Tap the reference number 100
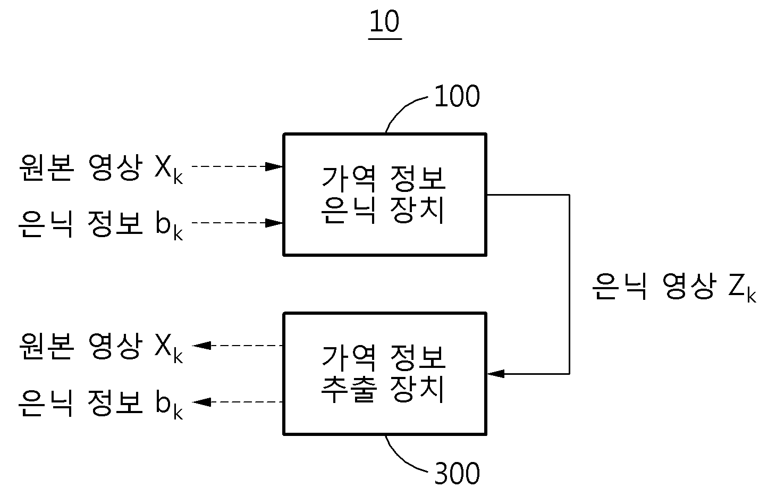click(457, 96)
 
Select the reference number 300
click(457, 473)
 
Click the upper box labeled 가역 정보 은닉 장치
click(385, 195)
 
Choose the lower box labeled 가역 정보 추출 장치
click(385, 374)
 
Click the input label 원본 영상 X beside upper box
click(100, 169)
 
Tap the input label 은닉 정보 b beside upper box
click(100, 225)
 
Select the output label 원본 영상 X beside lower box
click(100, 347)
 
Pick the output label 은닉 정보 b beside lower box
click(100, 404)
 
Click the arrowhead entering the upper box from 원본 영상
click(274, 166)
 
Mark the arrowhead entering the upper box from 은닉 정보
click(274, 223)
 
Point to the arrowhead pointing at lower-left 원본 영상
click(202, 345)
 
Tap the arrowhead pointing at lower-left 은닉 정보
click(202, 402)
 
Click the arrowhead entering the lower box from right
click(496, 374)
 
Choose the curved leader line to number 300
click(401, 459)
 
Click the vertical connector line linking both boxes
click(569, 284)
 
